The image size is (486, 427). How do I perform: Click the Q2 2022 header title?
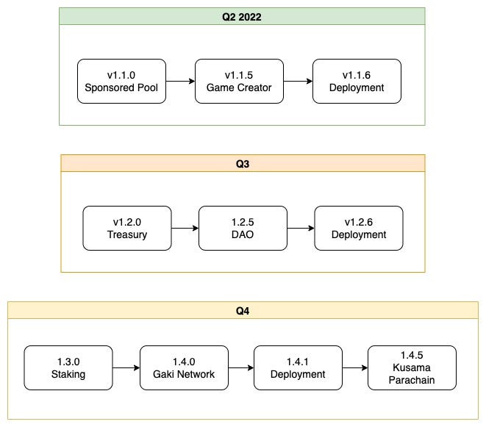pos(241,17)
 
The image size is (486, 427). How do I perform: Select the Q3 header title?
pos(243,164)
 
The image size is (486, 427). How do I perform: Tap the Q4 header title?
pos(243,310)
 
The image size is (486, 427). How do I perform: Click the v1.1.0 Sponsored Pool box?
pos(121,81)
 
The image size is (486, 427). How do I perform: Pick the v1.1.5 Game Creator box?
pos(239,81)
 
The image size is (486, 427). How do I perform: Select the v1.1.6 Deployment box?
pos(357,81)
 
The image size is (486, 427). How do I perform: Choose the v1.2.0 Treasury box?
pos(127,228)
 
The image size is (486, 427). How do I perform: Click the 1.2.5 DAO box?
pos(243,228)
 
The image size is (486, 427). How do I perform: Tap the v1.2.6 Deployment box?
pos(359,228)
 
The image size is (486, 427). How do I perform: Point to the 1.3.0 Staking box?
pos(68,367)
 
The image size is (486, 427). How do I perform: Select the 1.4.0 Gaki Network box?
pos(184,367)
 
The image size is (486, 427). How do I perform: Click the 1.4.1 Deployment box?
pos(298,367)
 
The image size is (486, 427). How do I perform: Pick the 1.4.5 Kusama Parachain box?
pos(412,367)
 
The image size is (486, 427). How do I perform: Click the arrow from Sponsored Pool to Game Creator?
pos(180,81)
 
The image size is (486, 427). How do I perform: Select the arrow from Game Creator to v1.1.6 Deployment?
pos(298,81)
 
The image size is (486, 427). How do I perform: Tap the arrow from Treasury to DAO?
pos(185,228)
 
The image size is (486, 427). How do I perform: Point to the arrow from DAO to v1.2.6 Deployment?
pos(301,228)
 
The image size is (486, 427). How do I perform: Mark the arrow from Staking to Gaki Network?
pos(126,367)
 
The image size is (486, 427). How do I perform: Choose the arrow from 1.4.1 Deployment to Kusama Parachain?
pos(355,367)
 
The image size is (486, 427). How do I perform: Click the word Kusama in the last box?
pos(412,367)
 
